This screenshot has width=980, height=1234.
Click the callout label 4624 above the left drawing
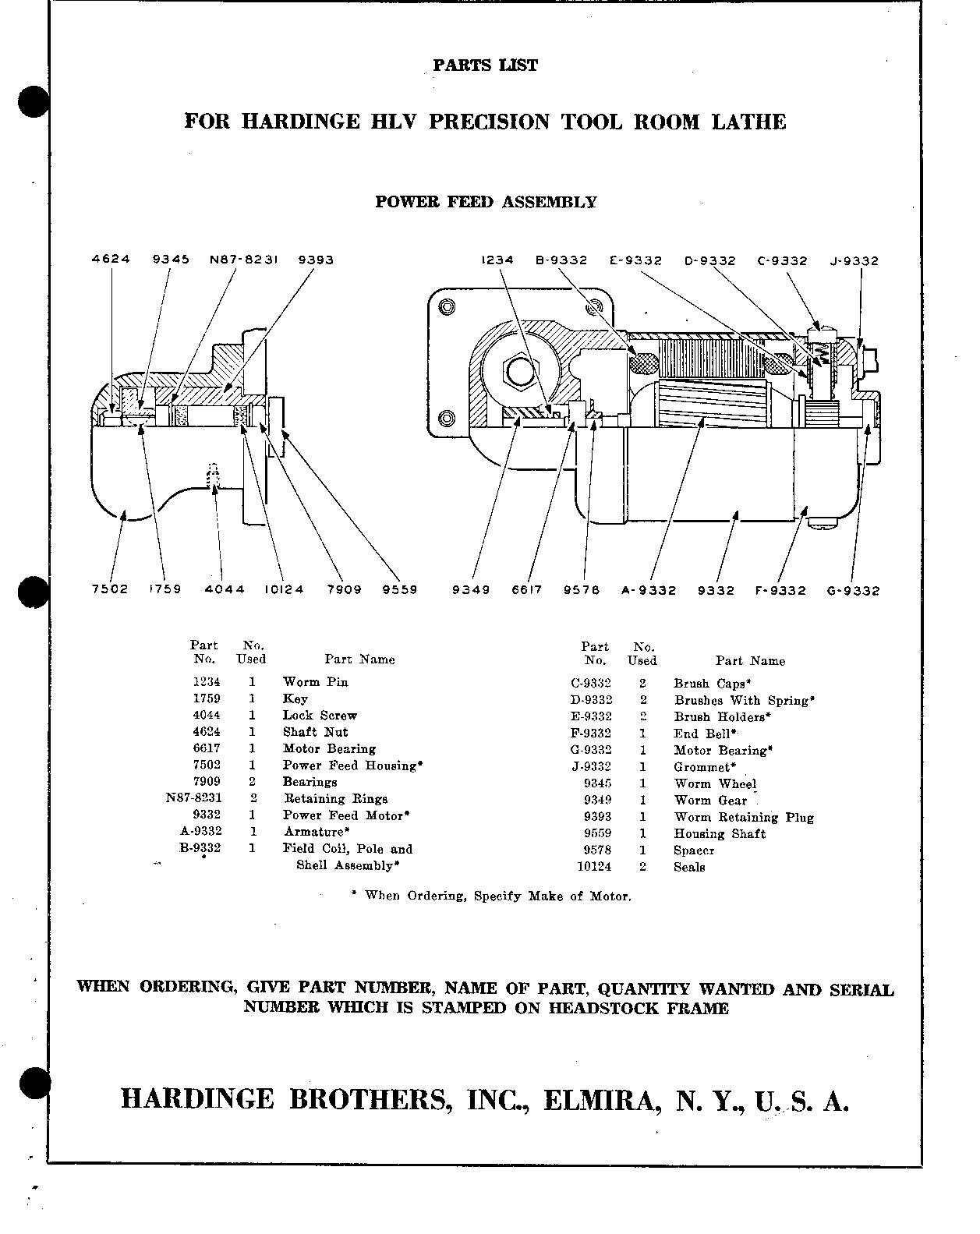(111, 260)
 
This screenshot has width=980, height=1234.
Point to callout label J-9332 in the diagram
(854, 261)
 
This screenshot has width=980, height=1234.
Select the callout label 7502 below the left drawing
(109, 589)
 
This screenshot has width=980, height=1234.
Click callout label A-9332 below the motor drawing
(648, 591)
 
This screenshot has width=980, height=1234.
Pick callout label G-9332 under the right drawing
(853, 591)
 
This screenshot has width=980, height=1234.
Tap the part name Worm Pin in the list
(315, 682)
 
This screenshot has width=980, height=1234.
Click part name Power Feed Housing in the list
(352, 766)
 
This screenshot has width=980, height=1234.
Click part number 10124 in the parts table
(594, 867)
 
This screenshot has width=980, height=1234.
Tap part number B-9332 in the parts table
(200, 848)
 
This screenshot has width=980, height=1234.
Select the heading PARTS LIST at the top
(485, 65)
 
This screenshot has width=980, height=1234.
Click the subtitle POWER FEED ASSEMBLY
(486, 202)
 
